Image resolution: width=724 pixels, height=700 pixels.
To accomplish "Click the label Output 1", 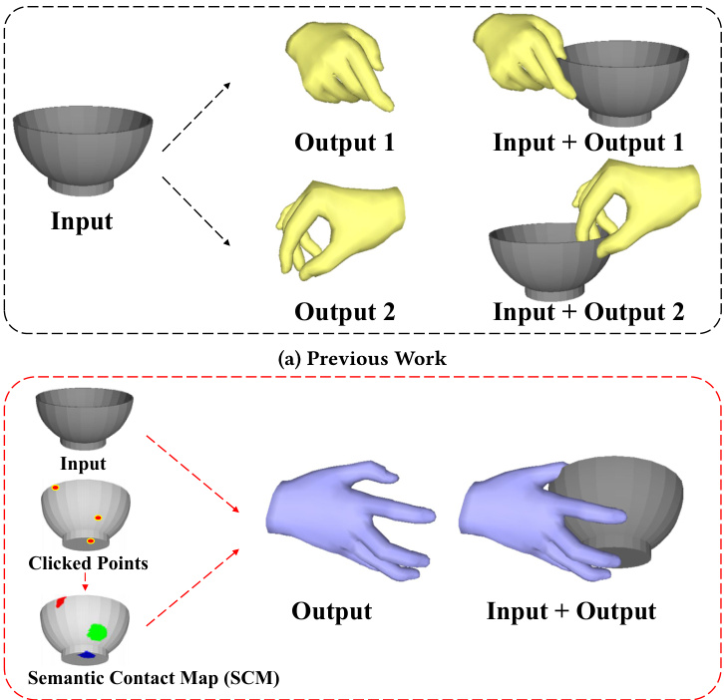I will (344, 142).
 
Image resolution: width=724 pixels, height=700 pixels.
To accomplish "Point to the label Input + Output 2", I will (588, 310).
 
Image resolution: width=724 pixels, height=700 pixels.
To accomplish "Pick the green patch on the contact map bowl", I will (98, 631).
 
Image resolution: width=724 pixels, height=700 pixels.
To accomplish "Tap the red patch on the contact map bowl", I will (61, 602).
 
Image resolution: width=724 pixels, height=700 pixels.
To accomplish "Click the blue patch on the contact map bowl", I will (87, 655).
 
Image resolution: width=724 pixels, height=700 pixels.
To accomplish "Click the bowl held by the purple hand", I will (618, 509).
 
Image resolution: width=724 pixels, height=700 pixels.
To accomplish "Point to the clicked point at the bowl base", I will (91, 540).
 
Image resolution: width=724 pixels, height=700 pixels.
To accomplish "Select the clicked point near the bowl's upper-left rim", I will (56, 488).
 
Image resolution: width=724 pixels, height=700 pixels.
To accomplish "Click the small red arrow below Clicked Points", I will (85, 582).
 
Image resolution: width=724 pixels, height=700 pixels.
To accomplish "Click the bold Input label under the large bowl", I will (82, 220).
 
